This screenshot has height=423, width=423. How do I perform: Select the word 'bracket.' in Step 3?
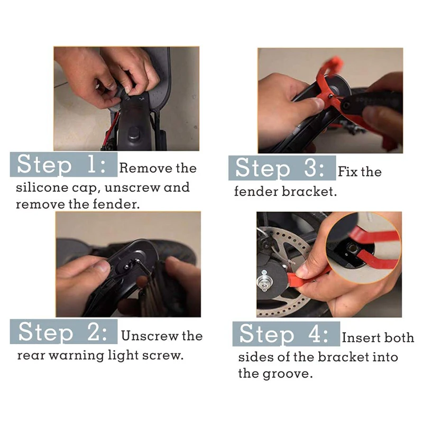click(x=309, y=191)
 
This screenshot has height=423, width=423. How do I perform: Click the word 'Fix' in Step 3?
click(x=348, y=172)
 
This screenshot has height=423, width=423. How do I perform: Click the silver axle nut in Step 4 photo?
click(x=264, y=281)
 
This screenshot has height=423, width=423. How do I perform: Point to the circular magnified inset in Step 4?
click(x=363, y=247)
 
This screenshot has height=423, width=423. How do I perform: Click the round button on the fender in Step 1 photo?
click(x=134, y=134)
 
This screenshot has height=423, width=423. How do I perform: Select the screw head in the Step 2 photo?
click(x=126, y=267)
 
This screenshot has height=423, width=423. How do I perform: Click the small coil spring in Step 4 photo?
click(x=291, y=261)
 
